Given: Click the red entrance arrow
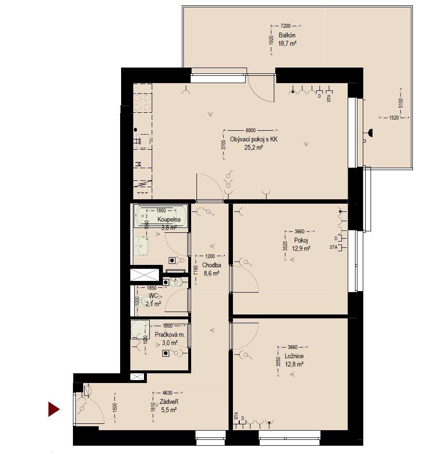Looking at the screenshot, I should click(53, 409).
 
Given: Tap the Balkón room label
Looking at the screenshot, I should click(287, 35).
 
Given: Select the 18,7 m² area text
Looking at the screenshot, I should click(287, 43).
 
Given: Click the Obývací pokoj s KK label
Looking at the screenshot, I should click(253, 139).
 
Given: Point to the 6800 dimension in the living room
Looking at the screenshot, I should click(250, 130).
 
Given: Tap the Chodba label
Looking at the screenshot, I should click(212, 265).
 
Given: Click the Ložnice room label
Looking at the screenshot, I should click(295, 356).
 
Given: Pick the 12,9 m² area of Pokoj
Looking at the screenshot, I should click(302, 248).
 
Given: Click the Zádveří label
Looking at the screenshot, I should click(168, 402).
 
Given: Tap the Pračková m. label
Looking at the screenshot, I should click(170, 335).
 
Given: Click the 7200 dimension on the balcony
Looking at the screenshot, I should click(285, 25).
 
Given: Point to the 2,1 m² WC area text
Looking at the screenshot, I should click(153, 304).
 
